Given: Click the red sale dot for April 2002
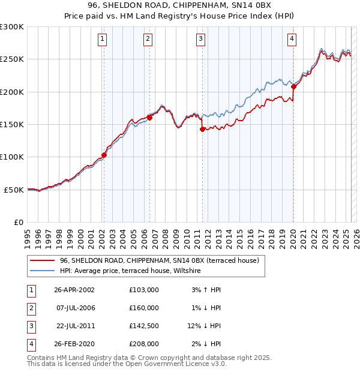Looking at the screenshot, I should (104, 155).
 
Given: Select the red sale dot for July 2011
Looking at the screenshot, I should (202, 129).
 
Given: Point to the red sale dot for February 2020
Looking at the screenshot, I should (293, 86).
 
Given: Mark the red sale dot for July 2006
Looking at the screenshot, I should (149, 118).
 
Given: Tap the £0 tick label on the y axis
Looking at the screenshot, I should (18, 222).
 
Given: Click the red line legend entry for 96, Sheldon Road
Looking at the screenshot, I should (159, 260).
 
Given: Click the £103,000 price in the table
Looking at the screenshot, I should (144, 290).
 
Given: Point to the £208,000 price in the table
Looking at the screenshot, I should (144, 344).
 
